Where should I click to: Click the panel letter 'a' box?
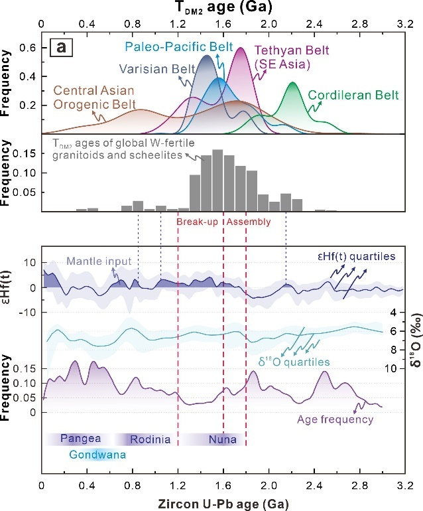62,49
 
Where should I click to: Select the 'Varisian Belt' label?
152,68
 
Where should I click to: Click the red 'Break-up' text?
198,222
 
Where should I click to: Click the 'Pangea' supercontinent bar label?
80,439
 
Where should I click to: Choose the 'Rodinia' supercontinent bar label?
150,439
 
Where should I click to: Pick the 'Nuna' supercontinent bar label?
222,439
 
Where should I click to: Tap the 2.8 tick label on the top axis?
359,25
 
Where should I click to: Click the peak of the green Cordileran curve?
292,83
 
